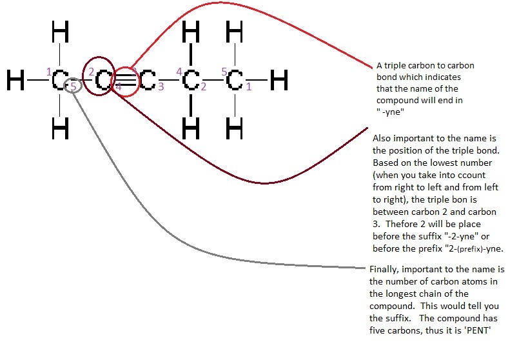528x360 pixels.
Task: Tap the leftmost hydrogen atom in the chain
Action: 17,81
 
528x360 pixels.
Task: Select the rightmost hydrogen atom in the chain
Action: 279,81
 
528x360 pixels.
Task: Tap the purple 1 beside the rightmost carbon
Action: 249,86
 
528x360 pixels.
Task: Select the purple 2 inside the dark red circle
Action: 92,72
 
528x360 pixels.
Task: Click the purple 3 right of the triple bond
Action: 161,87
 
